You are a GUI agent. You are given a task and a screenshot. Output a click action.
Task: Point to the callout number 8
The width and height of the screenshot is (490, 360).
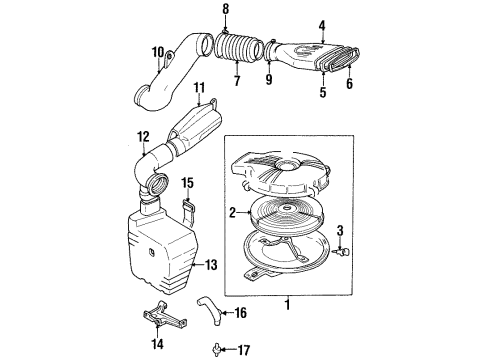[x=225, y=11]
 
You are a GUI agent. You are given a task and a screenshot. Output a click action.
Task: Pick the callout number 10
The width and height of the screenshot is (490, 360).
[x=158, y=52]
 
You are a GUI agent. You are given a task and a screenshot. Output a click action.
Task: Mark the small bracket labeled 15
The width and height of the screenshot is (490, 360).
[x=187, y=213]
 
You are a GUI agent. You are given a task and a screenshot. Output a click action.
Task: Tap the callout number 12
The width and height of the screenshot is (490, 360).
[x=143, y=137]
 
